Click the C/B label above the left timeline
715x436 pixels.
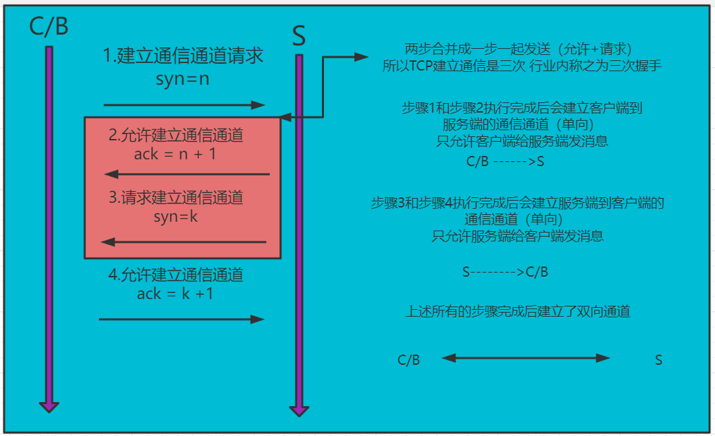click(49, 27)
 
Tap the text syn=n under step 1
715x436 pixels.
click(182, 79)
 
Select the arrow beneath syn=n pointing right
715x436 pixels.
click(184, 105)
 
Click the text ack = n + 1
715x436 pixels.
click(175, 154)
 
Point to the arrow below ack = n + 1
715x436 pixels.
click(187, 175)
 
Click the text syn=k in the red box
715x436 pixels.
click(176, 217)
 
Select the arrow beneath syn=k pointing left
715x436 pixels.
click(184, 242)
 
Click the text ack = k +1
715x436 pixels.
click(175, 294)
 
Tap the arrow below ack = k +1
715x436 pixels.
click(182, 319)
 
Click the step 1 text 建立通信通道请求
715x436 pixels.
click(183, 56)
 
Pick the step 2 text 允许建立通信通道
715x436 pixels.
click(176, 136)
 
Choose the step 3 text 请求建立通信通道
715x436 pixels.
click(176, 199)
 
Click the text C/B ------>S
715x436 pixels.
click(506, 163)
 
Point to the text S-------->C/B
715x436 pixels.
click(505, 273)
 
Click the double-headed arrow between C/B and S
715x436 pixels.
click(526, 358)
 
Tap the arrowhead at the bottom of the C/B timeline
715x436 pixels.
click(49, 405)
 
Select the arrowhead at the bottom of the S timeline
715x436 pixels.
click(299, 410)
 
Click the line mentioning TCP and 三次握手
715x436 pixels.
click(521, 66)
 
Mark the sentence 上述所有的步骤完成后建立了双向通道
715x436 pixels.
click(518, 312)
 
